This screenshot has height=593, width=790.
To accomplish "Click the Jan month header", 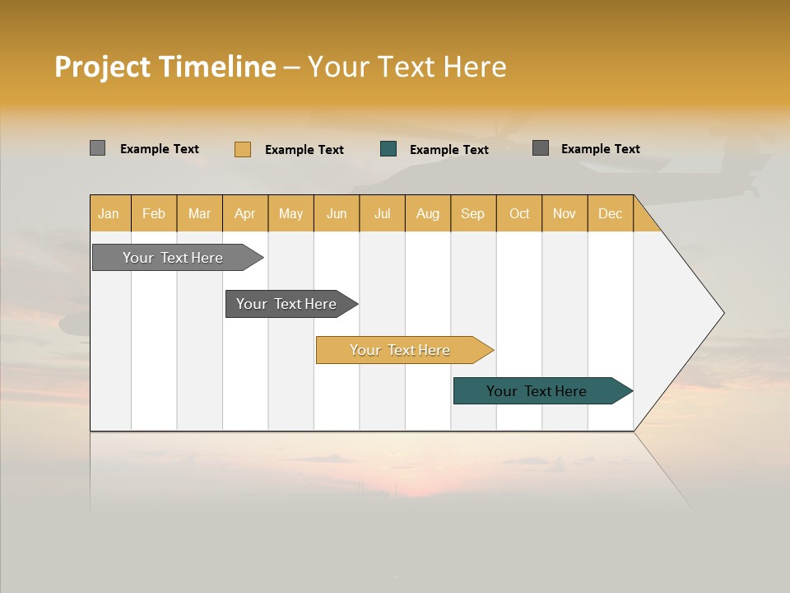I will click(x=109, y=213).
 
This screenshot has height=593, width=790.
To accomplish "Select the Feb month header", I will click(x=154, y=213).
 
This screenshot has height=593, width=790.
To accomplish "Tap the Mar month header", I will click(x=199, y=213).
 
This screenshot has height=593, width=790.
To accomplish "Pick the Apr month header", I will click(x=245, y=213).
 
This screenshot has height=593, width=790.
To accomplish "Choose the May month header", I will click(x=290, y=213).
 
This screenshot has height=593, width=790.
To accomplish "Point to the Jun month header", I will click(x=337, y=213).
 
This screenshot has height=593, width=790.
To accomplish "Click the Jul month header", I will click(x=382, y=213).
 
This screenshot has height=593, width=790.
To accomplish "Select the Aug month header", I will click(x=428, y=213).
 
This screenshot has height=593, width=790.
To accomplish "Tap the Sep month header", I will click(x=473, y=213).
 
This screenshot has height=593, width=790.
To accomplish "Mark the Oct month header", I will click(x=519, y=213).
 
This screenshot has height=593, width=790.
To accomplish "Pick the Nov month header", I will click(x=565, y=213).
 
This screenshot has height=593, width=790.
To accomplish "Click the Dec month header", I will click(x=611, y=213).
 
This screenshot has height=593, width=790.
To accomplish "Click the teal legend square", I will click(x=388, y=149).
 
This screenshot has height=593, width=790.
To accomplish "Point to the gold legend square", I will click(x=243, y=149).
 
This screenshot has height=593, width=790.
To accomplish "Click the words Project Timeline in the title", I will click(x=165, y=67).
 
